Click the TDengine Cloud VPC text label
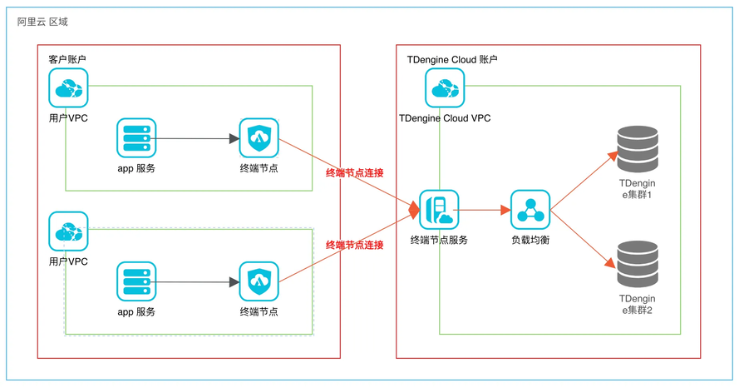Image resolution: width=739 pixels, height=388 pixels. coord(445,118)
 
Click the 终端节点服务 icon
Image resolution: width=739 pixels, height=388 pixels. coord(438,210)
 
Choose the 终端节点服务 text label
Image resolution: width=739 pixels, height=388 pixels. coord(438,240)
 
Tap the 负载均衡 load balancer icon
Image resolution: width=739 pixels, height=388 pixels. coord(530,210)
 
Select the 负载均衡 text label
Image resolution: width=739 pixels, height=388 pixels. coord(530,240)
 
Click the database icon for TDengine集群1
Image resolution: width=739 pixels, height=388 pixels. coord(638,148)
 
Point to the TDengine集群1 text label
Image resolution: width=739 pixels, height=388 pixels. coord(638,188)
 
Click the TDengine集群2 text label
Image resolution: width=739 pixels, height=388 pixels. coord(638,304)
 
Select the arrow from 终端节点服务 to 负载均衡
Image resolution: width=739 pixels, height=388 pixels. coord(484,211)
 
